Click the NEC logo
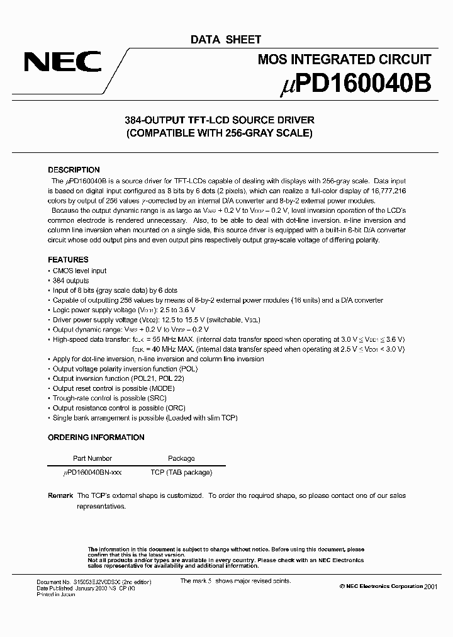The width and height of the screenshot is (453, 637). pyautogui.click(x=62, y=62)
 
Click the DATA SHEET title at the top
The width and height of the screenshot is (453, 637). pyautogui.click(x=226, y=40)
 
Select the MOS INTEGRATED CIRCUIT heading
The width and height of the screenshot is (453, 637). pyautogui.click(x=345, y=60)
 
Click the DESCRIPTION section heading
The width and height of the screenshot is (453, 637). pyautogui.click(x=74, y=170)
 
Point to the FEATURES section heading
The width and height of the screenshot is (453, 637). pyautogui.click(x=68, y=259)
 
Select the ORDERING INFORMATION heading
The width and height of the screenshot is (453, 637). pyautogui.click(x=96, y=437)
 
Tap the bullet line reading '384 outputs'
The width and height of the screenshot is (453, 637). pyautogui.click(x=70, y=281)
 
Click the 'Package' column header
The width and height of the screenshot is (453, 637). pyautogui.click(x=181, y=459)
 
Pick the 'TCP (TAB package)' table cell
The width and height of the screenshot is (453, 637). pyautogui.click(x=181, y=473)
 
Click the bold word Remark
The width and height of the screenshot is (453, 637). pyautogui.click(x=60, y=496)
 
